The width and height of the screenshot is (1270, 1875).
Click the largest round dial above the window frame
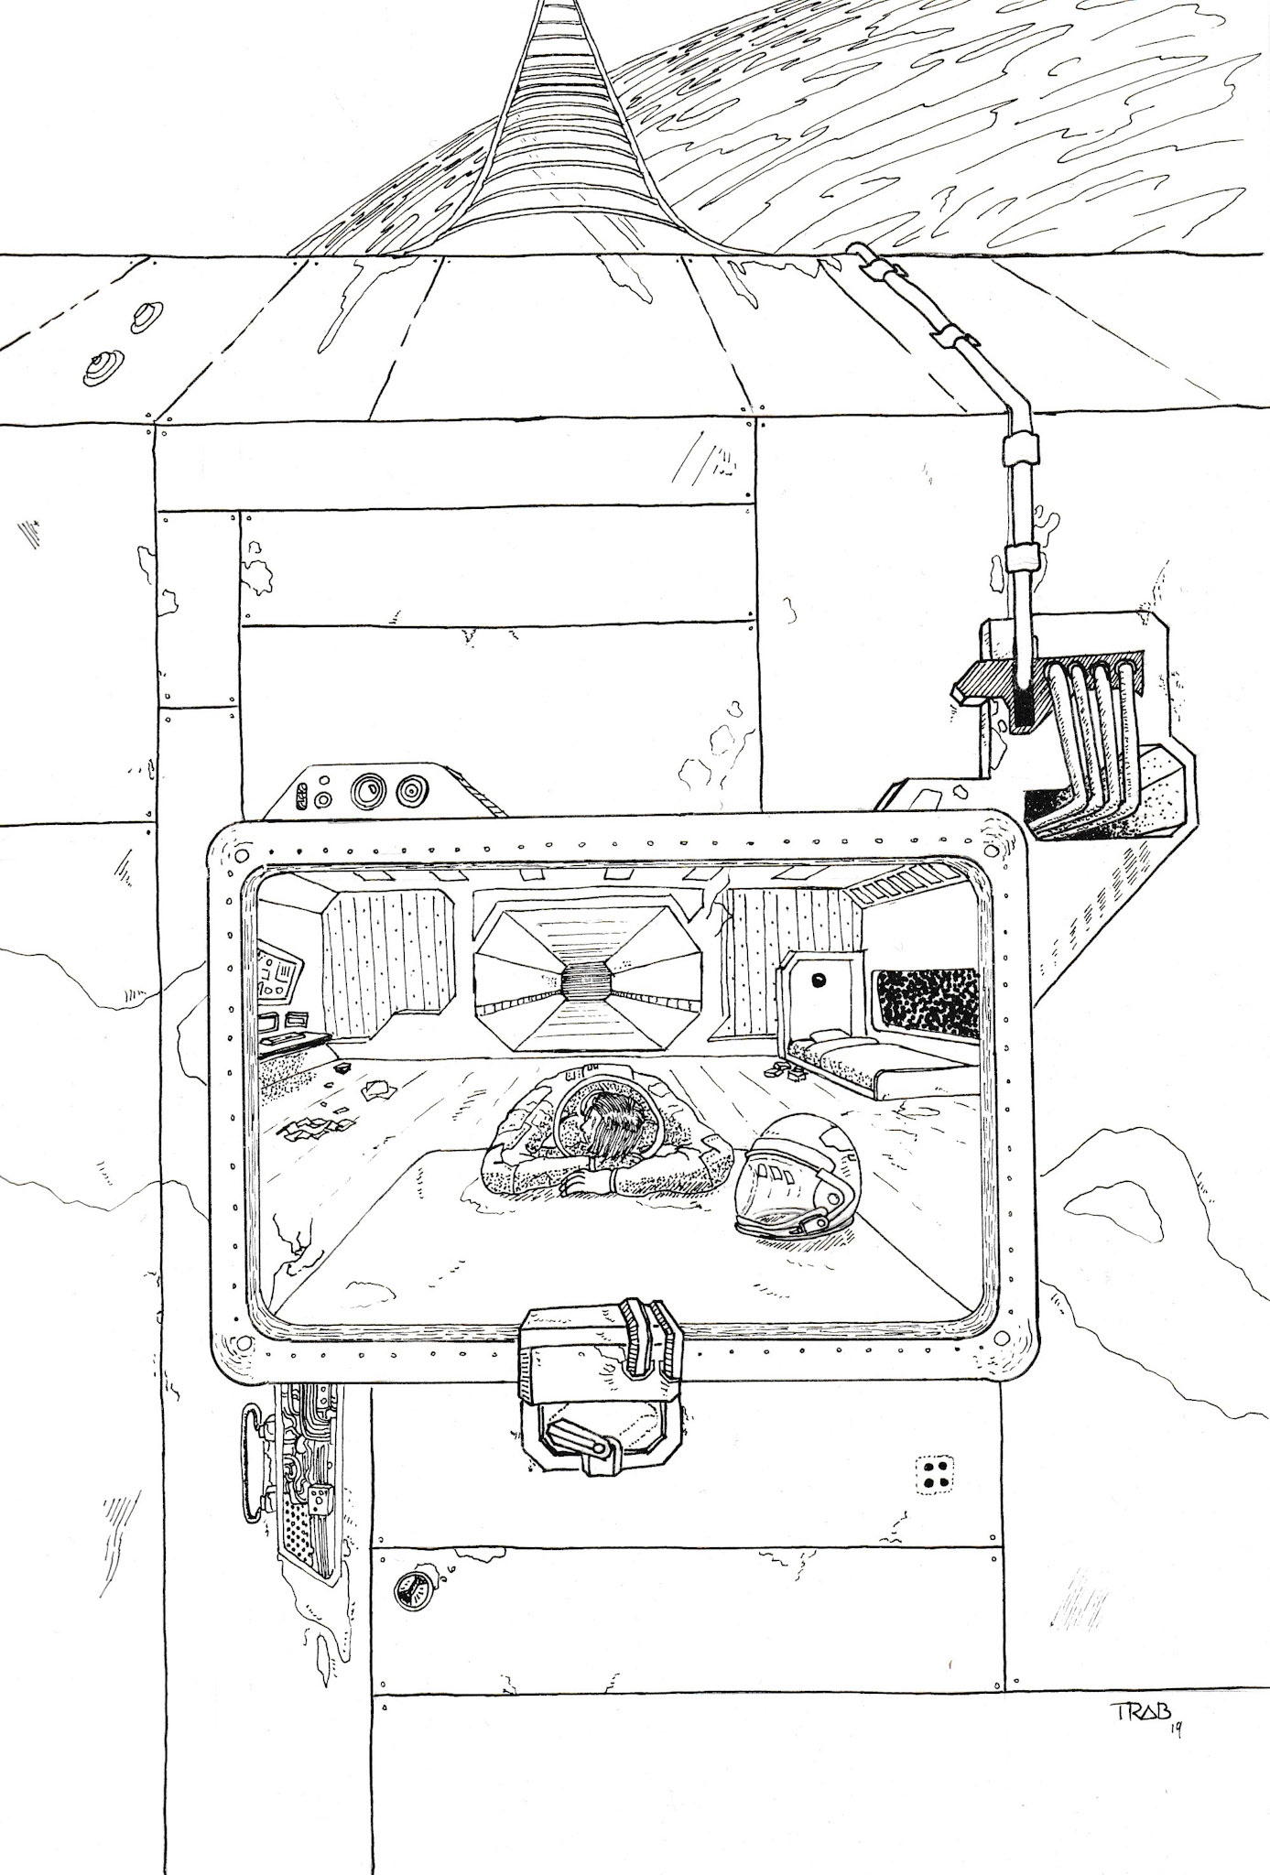coord(374,788)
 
